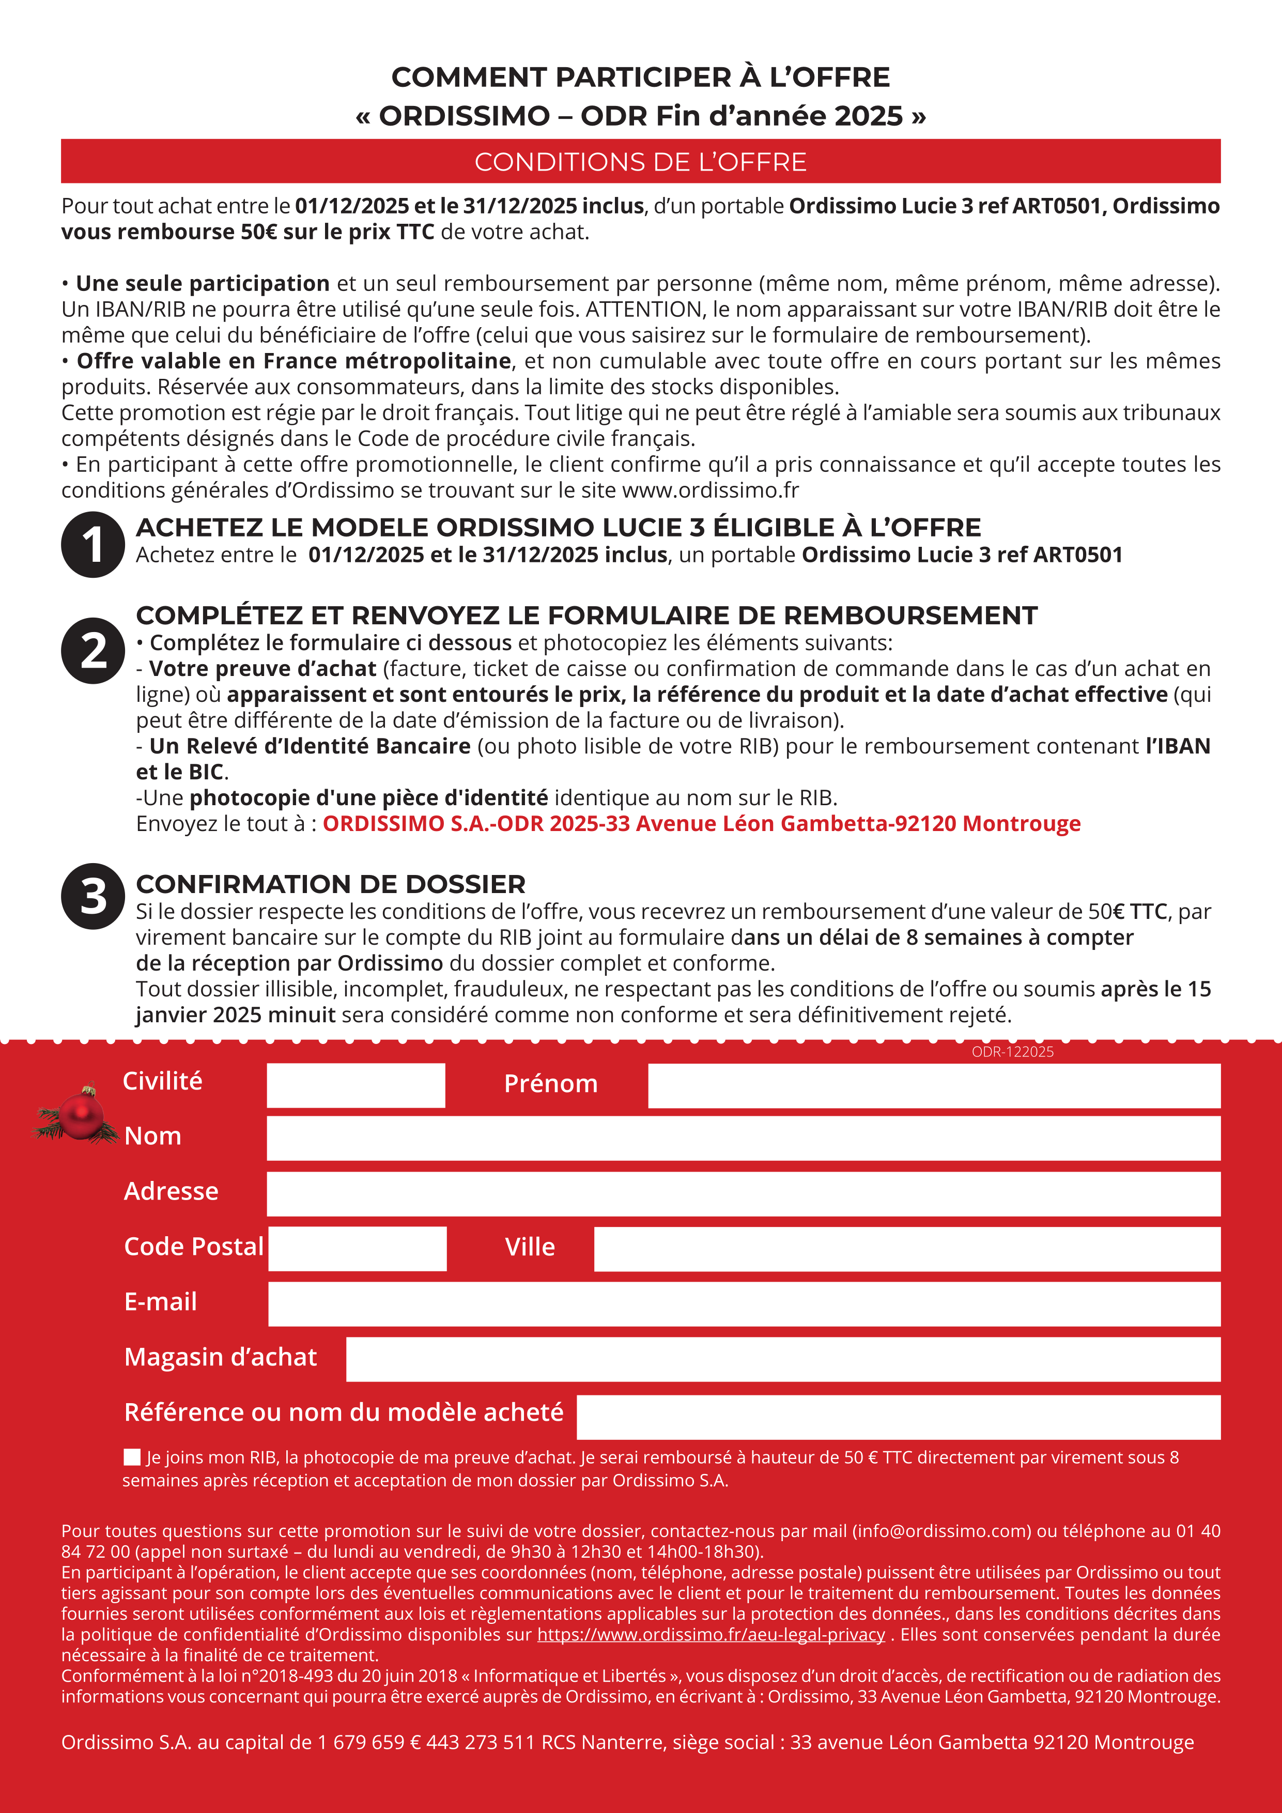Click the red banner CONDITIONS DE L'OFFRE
pos(640,161)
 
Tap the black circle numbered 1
pos(93,545)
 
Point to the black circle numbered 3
pos(93,896)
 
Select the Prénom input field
pos(934,1085)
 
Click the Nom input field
pos(743,1138)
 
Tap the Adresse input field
pos(743,1193)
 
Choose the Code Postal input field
pos(357,1249)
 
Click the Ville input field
pos(906,1249)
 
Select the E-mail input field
pos(744,1304)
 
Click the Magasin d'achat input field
pos(782,1359)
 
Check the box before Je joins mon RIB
pos(132,1457)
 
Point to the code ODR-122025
pos(1012,1052)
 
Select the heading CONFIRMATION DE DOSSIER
pos(330,884)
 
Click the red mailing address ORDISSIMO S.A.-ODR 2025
pos(701,824)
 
